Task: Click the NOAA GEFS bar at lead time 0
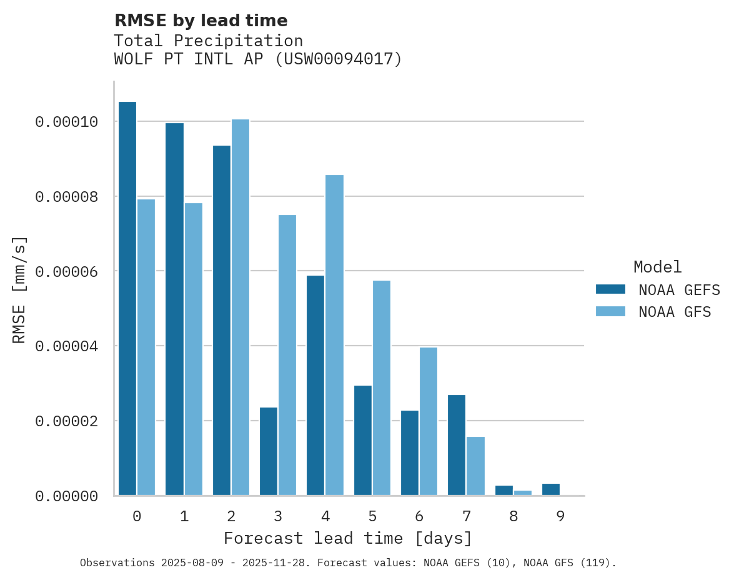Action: (127, 299)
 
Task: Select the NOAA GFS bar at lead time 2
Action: (241, 307)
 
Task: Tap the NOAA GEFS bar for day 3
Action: (269, 451)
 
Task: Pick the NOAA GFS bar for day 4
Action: (334, 335)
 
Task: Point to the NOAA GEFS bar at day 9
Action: (551, 489)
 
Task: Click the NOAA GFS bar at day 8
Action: (523, 493)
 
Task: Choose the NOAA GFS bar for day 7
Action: (475, 466)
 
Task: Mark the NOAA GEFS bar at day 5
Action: (363, 441)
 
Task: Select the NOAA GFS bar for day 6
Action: (429, 421)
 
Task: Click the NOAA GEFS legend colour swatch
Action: (610, 289)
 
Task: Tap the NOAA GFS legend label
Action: (675, 312)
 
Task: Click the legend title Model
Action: (657, 267)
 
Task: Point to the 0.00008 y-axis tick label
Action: (67, 197)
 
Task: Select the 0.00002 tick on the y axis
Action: (67, 421)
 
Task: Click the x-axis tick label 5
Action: (372, 516)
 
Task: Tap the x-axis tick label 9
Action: (560, 516)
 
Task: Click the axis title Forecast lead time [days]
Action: (348, 538)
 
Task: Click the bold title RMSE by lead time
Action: (201, 21)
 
